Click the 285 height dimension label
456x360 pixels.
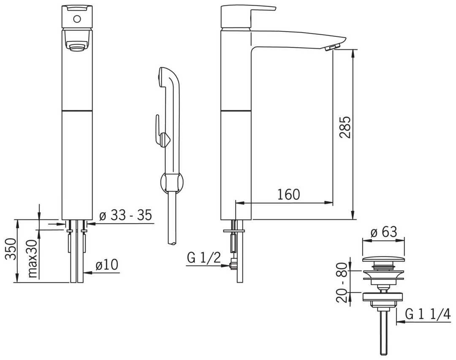[345, 127]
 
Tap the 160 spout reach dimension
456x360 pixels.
[288, 194]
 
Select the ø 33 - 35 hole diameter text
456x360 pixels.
[126, 215]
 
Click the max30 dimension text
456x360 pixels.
[33, 259]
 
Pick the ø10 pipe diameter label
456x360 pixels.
[107, 265]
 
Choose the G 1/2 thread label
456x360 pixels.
[204, 258]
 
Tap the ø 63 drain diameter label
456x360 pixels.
[384, 232]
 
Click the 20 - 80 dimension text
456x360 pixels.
[342, 283]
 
